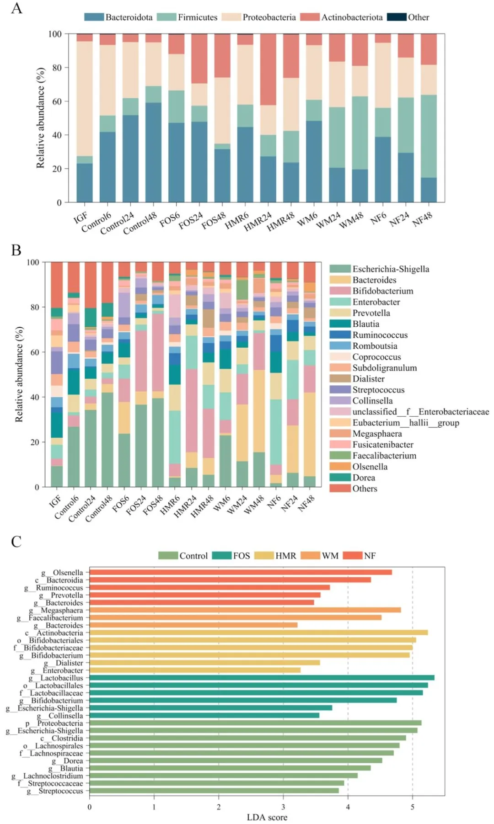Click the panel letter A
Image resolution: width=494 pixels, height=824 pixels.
(16, 9)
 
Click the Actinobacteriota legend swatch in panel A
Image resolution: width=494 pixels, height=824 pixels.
(310, 17)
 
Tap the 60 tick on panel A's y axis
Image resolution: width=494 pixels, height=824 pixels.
(56, 101)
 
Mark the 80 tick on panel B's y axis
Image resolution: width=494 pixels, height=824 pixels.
(35, 307)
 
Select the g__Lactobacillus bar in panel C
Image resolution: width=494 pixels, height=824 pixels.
(262, 678)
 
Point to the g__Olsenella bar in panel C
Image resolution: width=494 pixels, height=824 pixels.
(241, 572)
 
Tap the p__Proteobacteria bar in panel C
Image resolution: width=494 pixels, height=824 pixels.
(255, 723)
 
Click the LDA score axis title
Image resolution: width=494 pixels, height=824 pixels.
(267, 817)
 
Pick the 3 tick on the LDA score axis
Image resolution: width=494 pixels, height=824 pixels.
(283, 807)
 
